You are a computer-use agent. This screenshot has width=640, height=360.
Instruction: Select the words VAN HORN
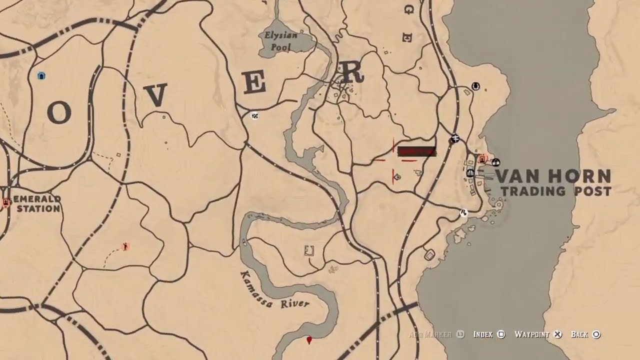(x=552, y=176)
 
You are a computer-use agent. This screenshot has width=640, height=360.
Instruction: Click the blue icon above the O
(x=41, y=76)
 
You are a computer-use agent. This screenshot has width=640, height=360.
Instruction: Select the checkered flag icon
(x=255, y=116)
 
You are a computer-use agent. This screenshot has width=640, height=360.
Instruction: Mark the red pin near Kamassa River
(x=309, y=340)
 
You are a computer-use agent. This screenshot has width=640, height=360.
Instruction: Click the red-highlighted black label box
(x=416, y=151)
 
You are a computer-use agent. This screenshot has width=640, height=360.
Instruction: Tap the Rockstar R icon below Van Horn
(x=463, y=213)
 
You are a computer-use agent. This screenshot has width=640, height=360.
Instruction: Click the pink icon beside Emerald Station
(x=6, y=202)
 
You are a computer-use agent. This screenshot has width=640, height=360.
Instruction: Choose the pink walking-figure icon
(x=125, y=246)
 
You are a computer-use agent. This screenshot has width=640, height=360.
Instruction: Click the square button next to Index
(x=501, y=334)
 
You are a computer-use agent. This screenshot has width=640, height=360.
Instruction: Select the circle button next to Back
(x=596, y=334)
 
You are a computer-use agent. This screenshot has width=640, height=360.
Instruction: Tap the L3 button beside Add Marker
(x=460, y=334)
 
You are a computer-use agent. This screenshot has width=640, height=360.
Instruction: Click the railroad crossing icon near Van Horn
(x=454, y=139)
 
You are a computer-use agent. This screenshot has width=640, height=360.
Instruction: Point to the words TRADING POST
(x=556, y=191)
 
